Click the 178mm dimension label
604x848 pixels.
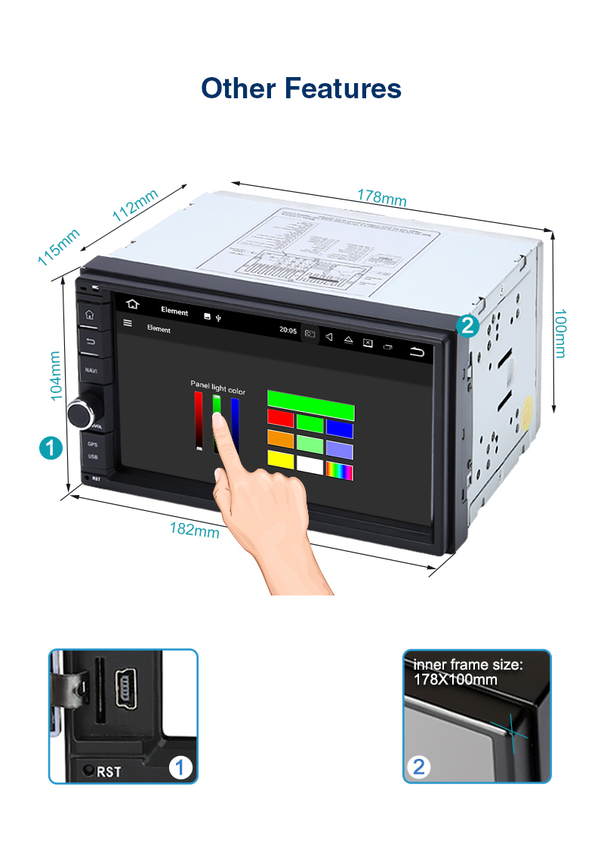coord(382,198)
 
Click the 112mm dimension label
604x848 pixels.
coord(135,205)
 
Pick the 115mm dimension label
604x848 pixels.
coord(59,247)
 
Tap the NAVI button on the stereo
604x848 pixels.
coord(91,370)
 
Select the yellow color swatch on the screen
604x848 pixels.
coord(280,459)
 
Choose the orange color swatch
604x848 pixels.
coord(280,438)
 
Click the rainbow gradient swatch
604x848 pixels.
coord(339,470)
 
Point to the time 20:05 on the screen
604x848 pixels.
coord(288,330)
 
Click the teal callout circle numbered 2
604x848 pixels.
coord(467,326)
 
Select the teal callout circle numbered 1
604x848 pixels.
coord(51,447)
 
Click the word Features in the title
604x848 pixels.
coord(342,88)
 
